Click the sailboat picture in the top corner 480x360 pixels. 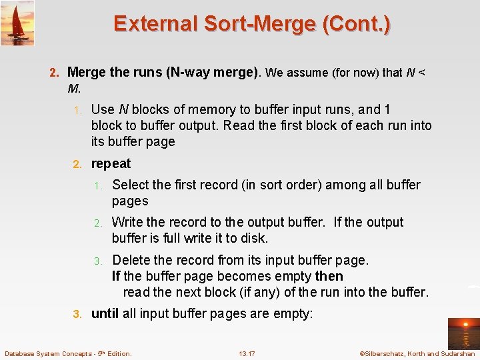17,23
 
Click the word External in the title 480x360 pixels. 155,23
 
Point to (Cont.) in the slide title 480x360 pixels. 357,23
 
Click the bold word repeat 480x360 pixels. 111,164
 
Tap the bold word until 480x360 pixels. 105,313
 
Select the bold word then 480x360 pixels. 329,276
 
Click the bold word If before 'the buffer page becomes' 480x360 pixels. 116,276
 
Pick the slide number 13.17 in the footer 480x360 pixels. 247,353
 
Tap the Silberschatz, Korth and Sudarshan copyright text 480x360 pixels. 417,353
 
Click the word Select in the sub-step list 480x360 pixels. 131,185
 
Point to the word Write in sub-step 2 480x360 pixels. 127,222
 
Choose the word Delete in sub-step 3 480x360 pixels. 131,260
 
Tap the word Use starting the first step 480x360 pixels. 103,109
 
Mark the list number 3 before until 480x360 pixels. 77,313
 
